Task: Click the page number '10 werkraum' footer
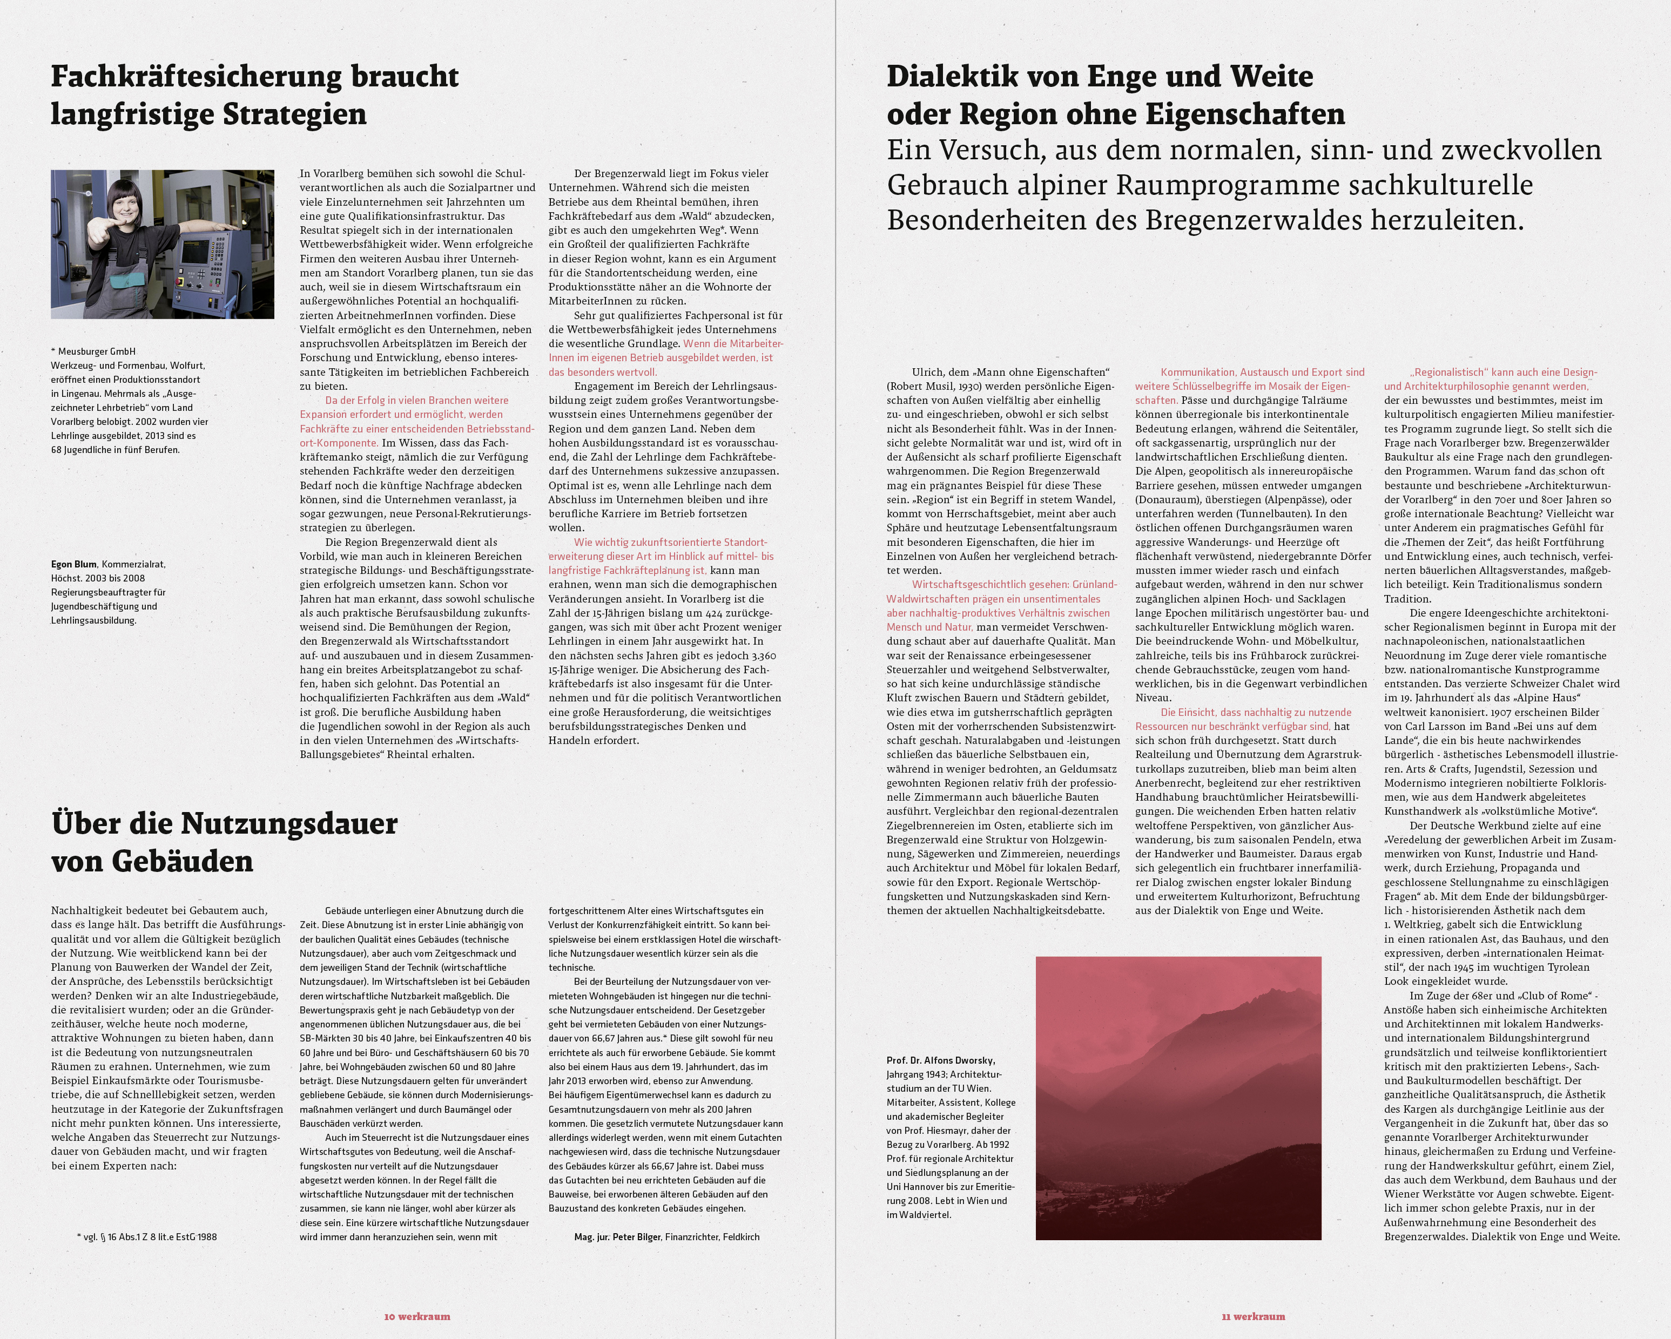point(417,1316)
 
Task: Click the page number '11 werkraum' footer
point(1253,1316)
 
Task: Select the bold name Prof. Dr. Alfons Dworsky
point(941,1060)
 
